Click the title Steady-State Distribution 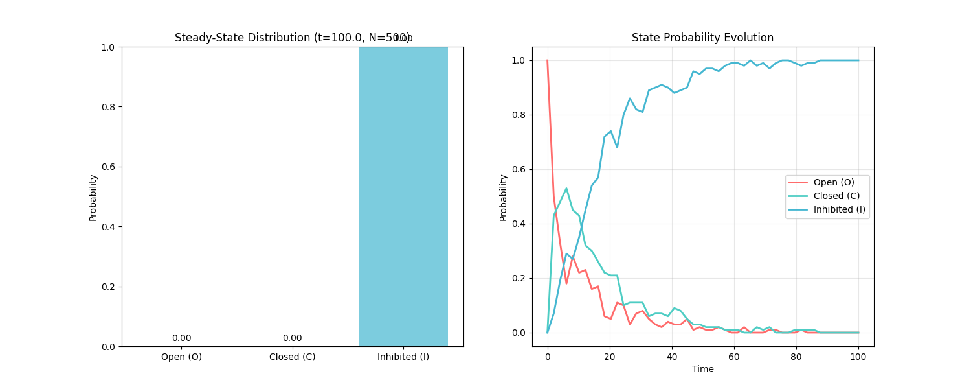(293, 38)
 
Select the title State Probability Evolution (702, 38)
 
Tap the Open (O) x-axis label (181, 357)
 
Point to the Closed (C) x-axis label (292, 357)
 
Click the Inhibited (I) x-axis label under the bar (403, 357)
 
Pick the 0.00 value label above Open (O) (181, 338)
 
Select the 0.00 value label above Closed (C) (292, 338)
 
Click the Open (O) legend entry (832, 182)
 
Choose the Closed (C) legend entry (836, 196)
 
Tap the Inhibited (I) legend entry (839, 209)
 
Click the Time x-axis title (702, 369)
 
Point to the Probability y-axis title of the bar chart (93, 197)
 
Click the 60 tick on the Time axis (734, 357)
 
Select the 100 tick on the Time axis (858, 357)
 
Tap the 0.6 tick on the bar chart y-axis (108, 167)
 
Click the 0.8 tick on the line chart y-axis (519, 115)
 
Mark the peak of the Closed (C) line (566, 189)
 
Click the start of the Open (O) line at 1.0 (548, 60)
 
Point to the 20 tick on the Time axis (610, 357)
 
